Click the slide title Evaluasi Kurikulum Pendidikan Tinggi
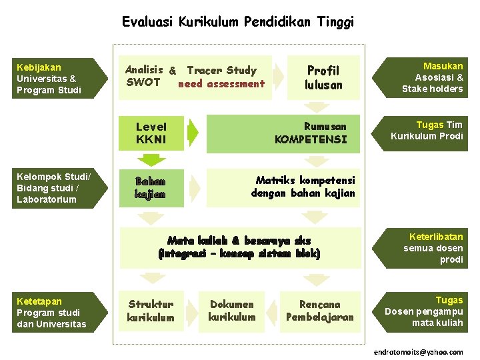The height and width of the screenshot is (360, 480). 238,22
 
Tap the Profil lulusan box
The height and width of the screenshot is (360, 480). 323,77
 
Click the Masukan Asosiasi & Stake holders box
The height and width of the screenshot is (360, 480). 427,77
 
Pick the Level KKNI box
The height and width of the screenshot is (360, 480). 151,133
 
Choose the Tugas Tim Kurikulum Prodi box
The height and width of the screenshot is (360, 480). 427,131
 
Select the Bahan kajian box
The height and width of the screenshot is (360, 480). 151,187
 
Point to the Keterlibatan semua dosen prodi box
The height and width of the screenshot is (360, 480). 427,247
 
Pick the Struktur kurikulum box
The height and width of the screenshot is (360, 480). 151,311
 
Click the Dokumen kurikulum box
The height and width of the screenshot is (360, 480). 231,311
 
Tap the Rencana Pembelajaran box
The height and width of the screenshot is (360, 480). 319,311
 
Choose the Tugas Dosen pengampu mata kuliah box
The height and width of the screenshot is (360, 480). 427,311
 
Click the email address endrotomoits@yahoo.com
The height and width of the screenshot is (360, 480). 418,351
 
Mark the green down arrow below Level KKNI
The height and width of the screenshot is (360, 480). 153,160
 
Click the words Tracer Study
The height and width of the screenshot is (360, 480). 221,70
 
